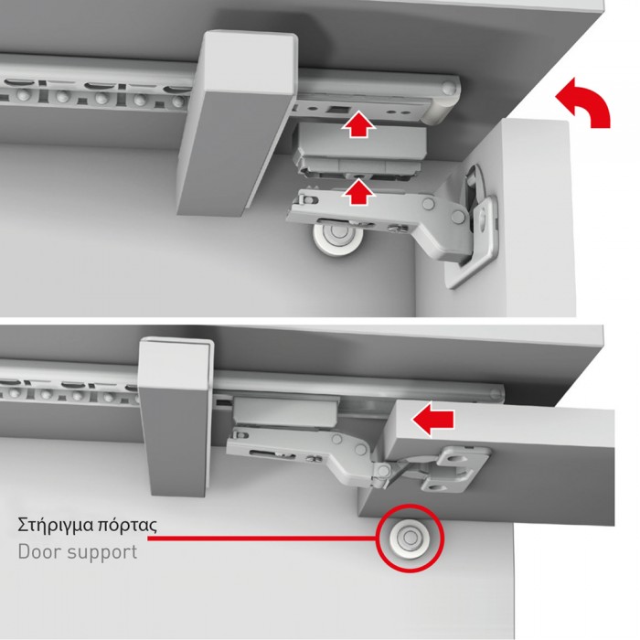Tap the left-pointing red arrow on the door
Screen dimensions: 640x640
(x=432, y=419)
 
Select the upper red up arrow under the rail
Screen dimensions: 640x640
(x=357, y=123)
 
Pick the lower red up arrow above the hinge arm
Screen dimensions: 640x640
(x=357, y=192)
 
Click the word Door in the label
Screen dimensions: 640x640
(x=39, y=552)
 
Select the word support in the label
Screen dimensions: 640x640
(x=102, y=553)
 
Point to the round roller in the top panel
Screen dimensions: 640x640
(x=336, y=237)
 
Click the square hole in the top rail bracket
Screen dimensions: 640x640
(x=337, y=110)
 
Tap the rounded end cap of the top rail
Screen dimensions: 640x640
(x=445, y=98)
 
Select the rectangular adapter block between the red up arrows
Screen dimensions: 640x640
(x=361, y=153)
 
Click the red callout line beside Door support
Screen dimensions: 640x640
(x=261, y=538)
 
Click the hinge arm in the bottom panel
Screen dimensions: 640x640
(x=310, y=453)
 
